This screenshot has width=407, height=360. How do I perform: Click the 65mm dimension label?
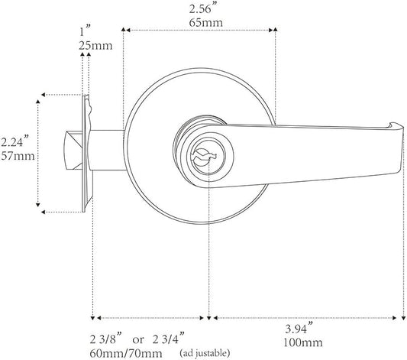point(205,23)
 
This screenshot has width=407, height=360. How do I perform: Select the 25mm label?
point(95,46)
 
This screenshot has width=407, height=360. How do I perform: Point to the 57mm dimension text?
point(18,156)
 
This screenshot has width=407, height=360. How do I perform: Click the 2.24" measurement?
point(15,143)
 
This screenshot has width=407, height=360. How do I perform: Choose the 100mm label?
point(303,342)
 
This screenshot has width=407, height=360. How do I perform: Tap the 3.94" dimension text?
point(299,329)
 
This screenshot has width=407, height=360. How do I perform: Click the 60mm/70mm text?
point(126,354)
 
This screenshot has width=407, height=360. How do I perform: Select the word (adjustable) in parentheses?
point(205,353)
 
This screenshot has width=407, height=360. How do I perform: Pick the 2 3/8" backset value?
point(105,339)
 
